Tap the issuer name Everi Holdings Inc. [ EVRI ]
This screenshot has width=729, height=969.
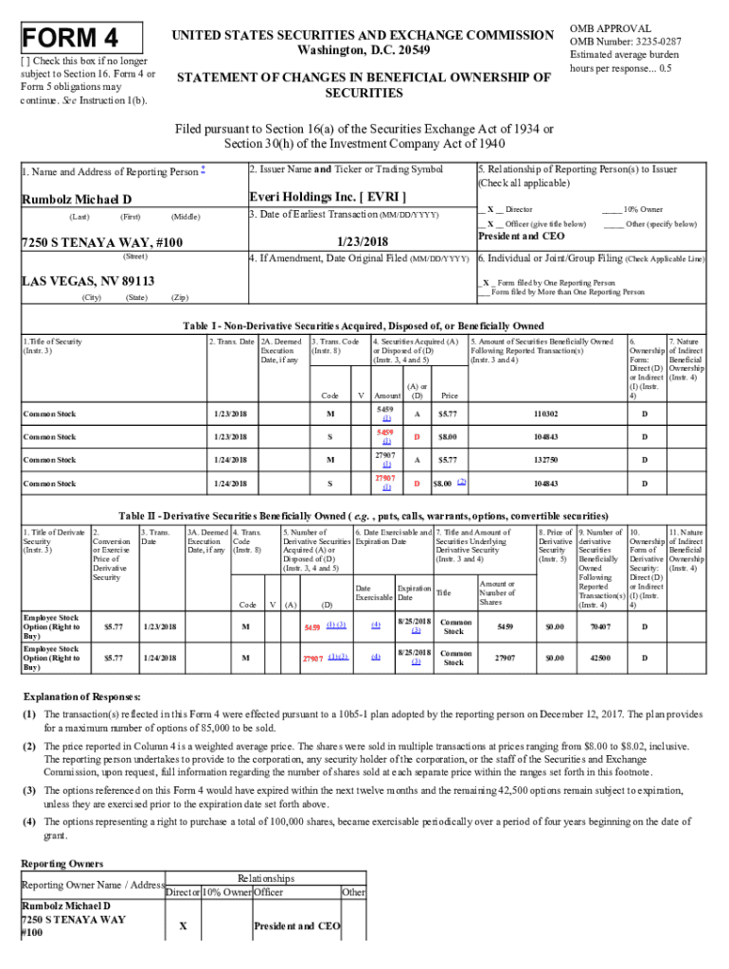tap(328, 197)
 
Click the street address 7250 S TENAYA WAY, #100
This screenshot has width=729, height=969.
tap(101, 243)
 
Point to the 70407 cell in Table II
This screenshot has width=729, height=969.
tap(599, 625)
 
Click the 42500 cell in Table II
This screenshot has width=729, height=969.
tap(599, 657)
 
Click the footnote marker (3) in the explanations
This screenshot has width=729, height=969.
tap(30, 789)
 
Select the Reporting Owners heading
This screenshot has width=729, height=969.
tap(62, 863)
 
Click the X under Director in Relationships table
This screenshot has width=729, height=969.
tap(182, 925)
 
